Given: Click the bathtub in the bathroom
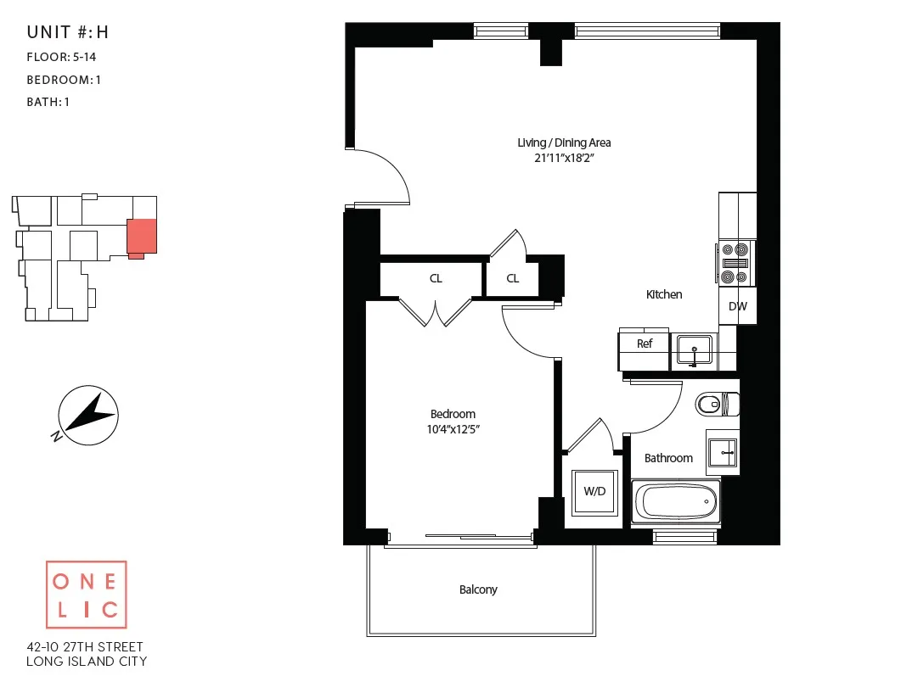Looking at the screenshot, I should (x=676, y=501).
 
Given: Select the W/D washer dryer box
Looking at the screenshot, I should (x=594, y=492).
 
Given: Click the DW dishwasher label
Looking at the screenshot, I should (x=738, y=307).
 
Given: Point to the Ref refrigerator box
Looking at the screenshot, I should (x=645, y=344).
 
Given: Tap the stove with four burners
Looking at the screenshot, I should (x=735, y=264).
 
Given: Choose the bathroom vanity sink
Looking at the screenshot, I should (x=723, y=452).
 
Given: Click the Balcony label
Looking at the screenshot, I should (x=478, y=589).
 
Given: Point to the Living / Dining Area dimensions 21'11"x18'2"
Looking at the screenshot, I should (x=564, y=158).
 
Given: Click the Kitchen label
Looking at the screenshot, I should (x=664, y=294).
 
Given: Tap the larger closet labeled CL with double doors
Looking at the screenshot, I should (x=435, y=278).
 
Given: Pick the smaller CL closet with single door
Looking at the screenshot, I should (x=513, y=278).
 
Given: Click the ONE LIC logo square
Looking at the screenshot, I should (x=86, y=595).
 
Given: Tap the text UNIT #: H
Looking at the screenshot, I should (x=68, y=33).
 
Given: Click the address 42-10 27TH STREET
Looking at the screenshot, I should (x=87, y=645).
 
